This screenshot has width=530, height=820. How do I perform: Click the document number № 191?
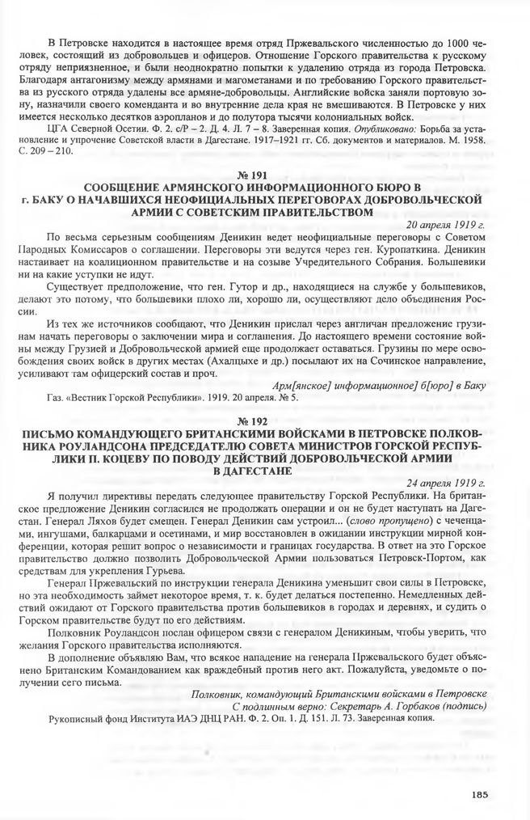[264, 175]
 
